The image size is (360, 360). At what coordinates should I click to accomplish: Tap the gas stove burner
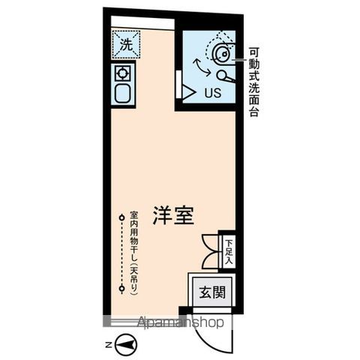coord(121,73)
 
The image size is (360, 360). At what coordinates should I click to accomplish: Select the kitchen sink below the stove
coord(121,94)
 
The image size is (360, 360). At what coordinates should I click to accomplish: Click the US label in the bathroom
coord(212,93)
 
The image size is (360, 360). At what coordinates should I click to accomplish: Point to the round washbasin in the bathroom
coord(222,52)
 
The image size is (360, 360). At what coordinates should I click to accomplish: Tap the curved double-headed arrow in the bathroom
coord(202,65)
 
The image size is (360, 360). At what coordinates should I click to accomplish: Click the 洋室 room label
coord(175,214)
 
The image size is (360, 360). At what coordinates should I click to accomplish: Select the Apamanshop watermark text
coord(181,322)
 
